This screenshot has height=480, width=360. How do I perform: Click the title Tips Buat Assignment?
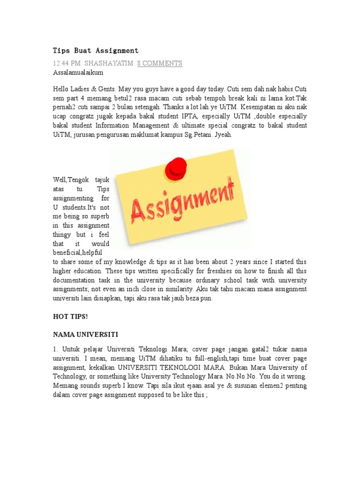pos(96,50)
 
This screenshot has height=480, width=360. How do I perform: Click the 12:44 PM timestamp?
pos(66,63)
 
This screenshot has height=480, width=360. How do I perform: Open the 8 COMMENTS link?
pos(159,63)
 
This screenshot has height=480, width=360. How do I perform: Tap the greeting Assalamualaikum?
pos(78,73)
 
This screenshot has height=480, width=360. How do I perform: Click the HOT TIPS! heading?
pos(70,316)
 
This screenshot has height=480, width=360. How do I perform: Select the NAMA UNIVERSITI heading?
pos(85,335)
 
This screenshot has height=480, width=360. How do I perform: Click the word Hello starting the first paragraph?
pos(61,89)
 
